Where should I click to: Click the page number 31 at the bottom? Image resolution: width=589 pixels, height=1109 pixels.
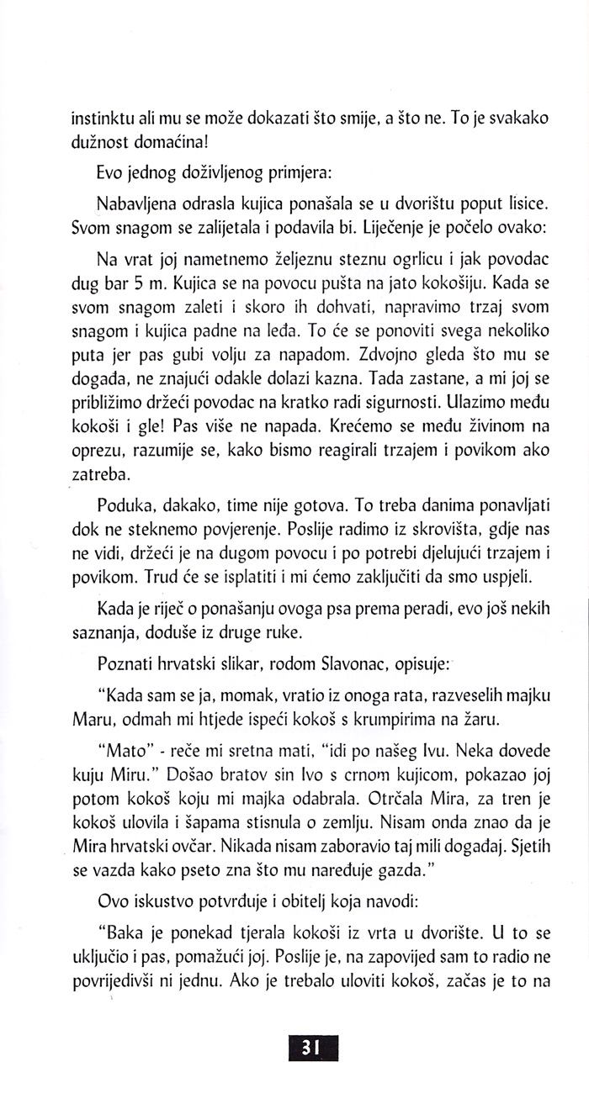click(x=312, y=1046)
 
